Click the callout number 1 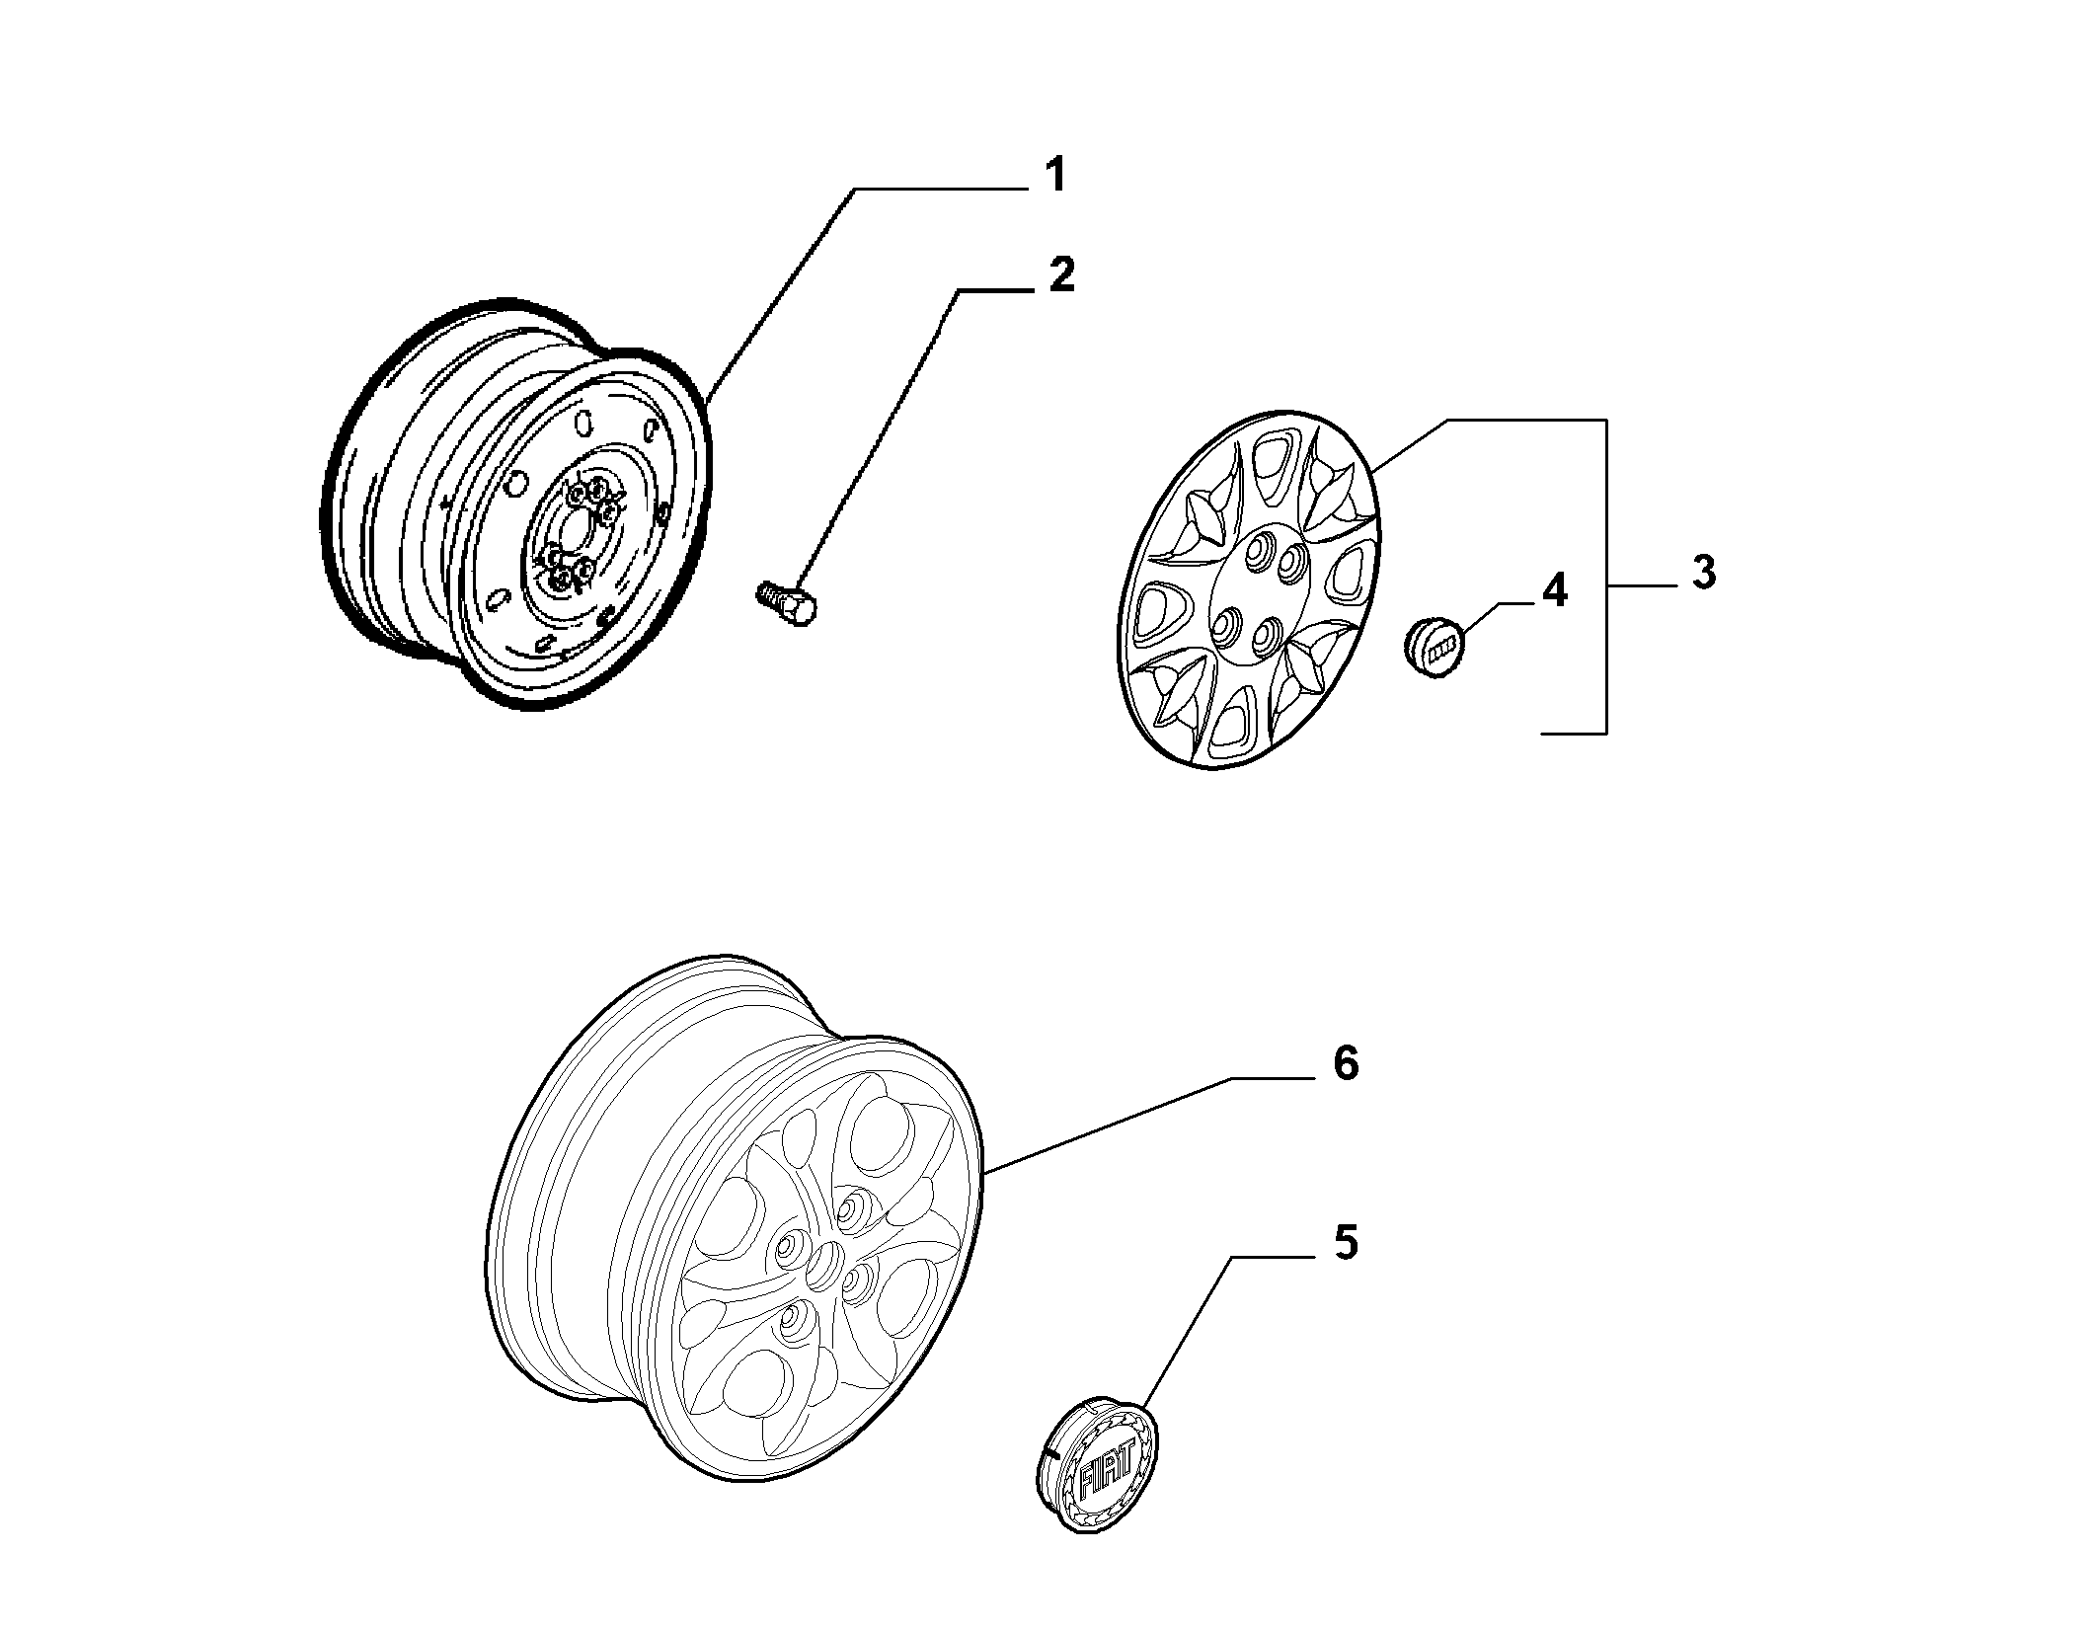click(1055, 175)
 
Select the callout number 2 click(1060, 274)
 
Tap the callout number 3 click(1703, 573)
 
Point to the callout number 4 click(1554, 590)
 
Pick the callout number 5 click(1346, 1242)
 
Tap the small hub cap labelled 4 click(1434, 646)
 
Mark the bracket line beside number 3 click(1606, 576)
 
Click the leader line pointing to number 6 click(1109, 1125)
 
